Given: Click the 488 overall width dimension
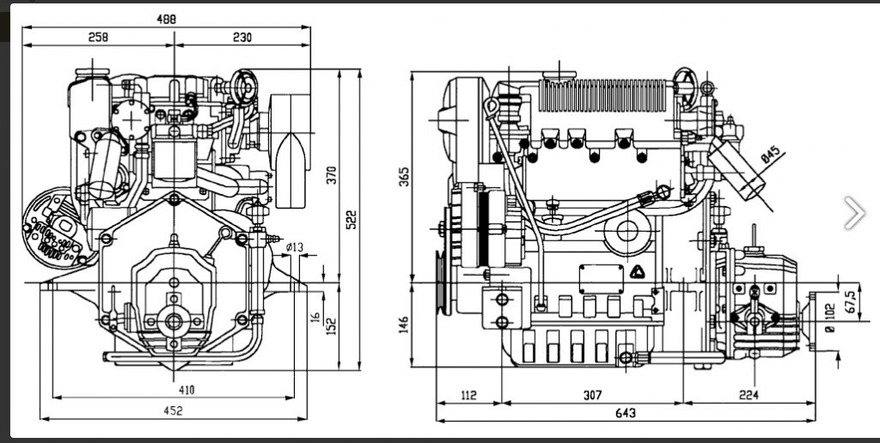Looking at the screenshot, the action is tap(166, 19).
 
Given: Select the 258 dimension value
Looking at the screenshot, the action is tap(98, 37).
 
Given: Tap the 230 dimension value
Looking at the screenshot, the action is tap(241, 37).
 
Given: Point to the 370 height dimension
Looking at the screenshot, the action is tap(331, 175).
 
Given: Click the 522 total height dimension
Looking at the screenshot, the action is tap(351, 219).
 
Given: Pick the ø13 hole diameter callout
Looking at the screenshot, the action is tap(294, 246).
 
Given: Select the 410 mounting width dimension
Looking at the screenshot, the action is tap(186, 390).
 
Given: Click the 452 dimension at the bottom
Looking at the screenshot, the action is tap(173, 411).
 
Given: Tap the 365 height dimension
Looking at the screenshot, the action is tap(404, 176).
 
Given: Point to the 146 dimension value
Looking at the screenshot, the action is tap(404, 325).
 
